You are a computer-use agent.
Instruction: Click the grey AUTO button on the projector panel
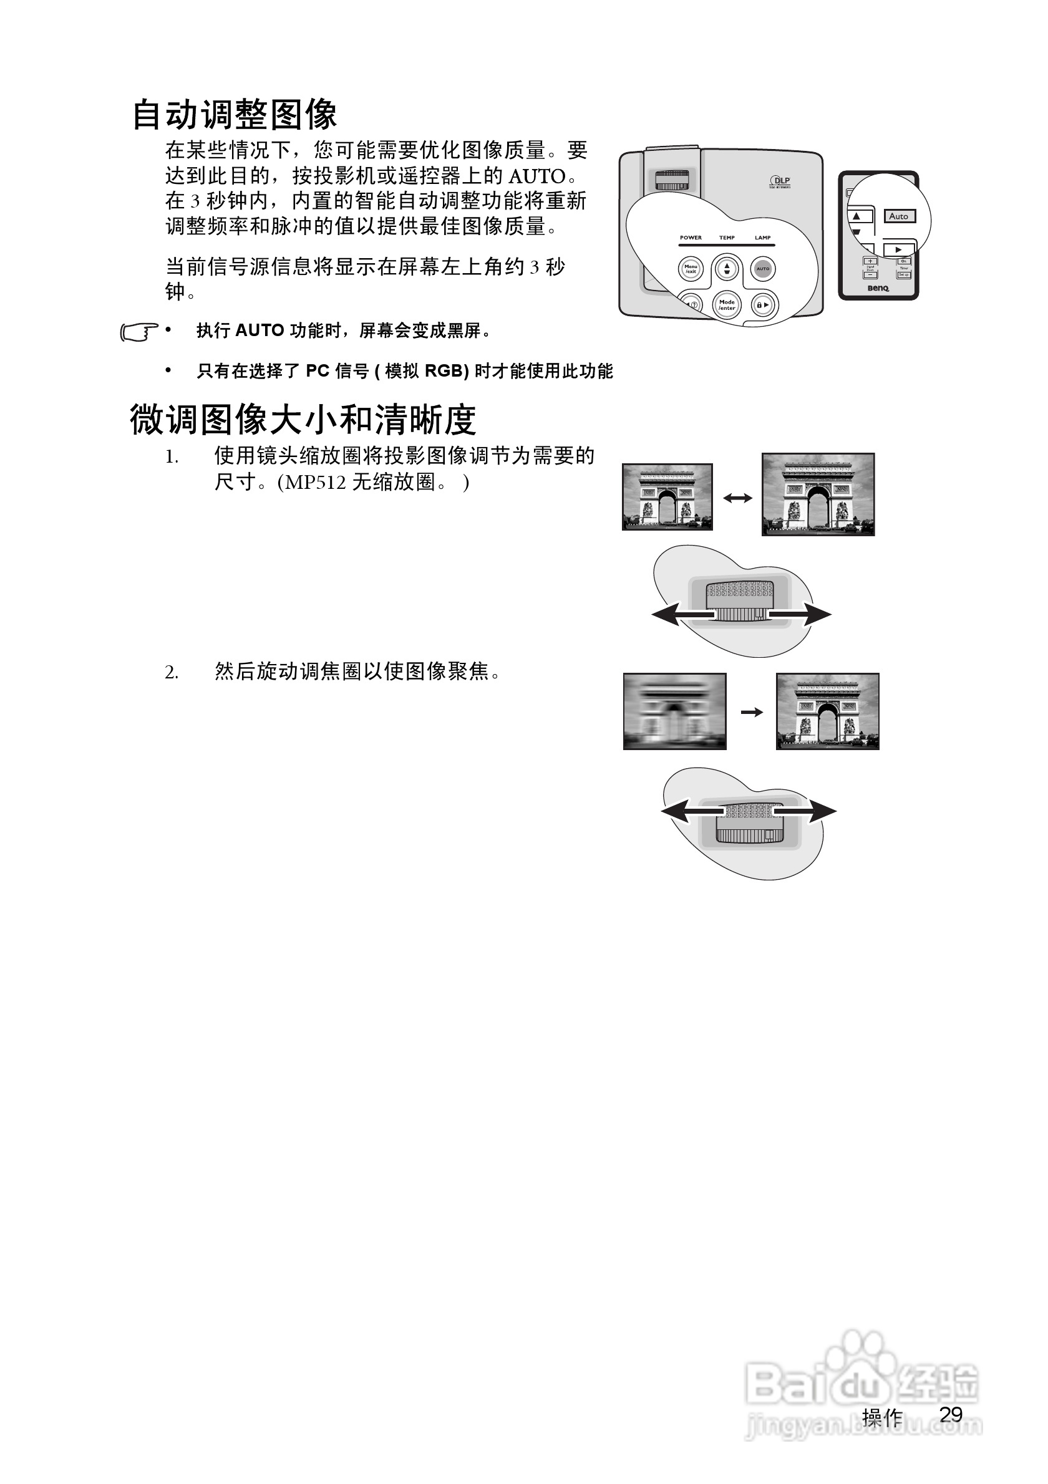tap(763, 269)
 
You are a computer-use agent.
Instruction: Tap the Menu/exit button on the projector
tap(691, 269)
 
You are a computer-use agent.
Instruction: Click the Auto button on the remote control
tap(899, 216)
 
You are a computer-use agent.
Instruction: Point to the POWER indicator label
tap(691, 238)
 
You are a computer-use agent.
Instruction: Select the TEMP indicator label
tap(727, 238)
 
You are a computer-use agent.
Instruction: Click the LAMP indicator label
tap(763, 238)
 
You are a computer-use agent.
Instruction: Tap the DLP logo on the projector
tap(780, 182)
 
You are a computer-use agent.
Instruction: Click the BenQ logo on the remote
tap(878, 289)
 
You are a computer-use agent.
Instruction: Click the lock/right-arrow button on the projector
tap(764, 304)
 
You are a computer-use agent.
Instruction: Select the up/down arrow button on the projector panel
tap(727, 268)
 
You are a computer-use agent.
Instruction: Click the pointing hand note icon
tap(138, 332)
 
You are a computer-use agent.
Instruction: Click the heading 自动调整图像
tap(235, 115)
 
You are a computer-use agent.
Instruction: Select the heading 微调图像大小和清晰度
tap(303, 420)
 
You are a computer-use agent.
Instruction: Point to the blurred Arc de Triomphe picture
tap(674, 711)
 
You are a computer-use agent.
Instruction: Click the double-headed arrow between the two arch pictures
tap(738, 498)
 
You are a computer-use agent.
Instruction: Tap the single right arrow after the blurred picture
tap(751, 712)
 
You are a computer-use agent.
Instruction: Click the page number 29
tap(951, 1414)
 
